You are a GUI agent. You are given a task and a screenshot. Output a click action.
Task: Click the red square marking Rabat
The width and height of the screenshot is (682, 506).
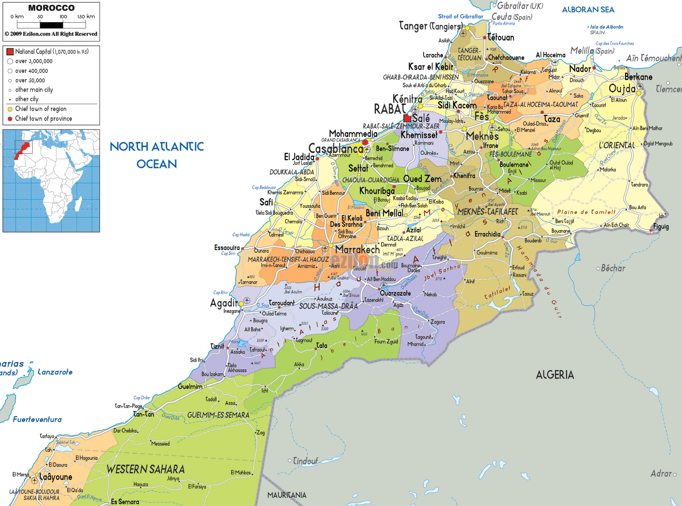click(x=407, y=118)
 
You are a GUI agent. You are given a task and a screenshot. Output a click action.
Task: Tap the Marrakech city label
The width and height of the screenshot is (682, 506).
click(x=357, y=249)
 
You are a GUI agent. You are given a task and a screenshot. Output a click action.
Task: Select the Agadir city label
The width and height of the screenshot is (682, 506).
click(x=224, y=303)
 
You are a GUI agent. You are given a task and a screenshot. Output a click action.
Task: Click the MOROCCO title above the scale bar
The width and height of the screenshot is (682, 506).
click(x=51, y=8)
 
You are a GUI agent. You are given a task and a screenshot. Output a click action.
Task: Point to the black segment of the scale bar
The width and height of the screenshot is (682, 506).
click(x=51, y=25)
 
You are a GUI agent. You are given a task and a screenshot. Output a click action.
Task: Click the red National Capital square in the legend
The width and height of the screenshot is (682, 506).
click(x=10, y=52)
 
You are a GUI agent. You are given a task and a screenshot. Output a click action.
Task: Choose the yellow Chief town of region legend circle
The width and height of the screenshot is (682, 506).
click(x=10, y=109)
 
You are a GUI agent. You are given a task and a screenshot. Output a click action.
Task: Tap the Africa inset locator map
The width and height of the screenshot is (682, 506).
click(x=51, y=181)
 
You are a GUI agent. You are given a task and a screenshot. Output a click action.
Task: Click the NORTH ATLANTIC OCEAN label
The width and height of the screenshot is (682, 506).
click(x=156, y=155)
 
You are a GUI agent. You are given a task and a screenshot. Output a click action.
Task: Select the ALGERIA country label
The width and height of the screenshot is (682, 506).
click(x=555, y=375)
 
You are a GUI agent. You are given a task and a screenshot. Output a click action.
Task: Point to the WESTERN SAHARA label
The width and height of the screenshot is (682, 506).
click(x=145, y=469)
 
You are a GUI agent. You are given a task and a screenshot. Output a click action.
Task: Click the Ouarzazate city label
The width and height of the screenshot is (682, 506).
click(x=395, y=293)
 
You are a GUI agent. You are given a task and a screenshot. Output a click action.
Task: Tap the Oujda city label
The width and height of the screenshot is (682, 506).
click(x=622, y=89)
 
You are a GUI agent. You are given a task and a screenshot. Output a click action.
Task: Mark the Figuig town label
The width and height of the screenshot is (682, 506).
click(x=661, y=227)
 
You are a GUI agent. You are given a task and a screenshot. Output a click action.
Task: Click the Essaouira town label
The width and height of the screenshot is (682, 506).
click(x=227, y=247)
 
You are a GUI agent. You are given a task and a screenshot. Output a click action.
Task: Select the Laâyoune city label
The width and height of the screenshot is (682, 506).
click(x=56, y=477)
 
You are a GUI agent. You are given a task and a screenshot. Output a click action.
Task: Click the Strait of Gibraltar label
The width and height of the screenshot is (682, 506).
click(x=460, y=16)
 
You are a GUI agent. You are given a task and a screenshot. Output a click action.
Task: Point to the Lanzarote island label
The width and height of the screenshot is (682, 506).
click(x=55, y=372)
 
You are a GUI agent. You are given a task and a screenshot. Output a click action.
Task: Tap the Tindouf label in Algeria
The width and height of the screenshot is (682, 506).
click(x=305, y=461)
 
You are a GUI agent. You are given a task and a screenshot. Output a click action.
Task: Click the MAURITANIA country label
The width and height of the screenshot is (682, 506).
click(x=287, y=495)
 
